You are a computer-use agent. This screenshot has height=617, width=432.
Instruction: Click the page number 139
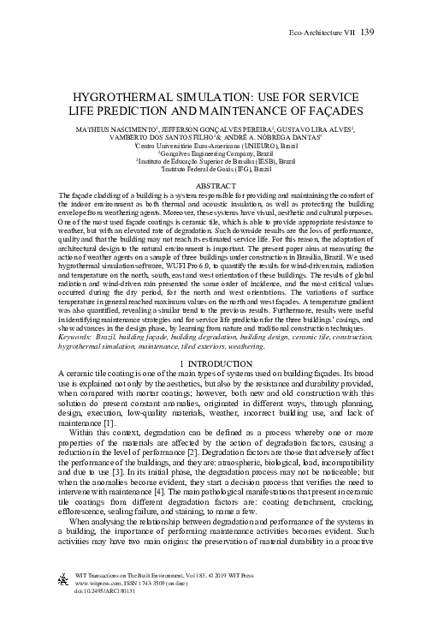pos(369,33)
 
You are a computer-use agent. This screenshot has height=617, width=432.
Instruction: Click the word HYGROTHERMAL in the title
pos(129,97)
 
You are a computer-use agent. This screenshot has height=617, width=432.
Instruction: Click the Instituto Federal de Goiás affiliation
pos(216,169)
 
